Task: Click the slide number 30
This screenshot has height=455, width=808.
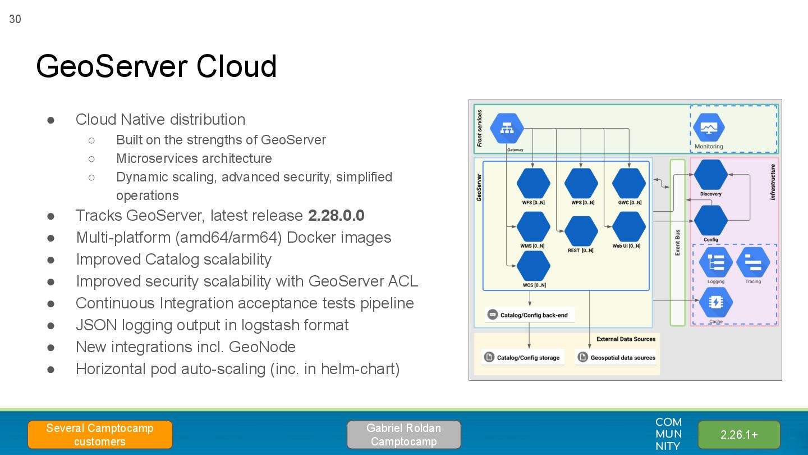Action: [15, 19]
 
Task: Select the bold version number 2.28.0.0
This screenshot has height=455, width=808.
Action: [336, 216]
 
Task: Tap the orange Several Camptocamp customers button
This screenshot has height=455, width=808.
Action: [100, 435]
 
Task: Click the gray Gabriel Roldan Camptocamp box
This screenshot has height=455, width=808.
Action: [403, 435]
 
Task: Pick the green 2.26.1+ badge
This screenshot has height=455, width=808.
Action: [739, 435]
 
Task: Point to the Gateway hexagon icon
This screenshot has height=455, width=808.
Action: [507, 129]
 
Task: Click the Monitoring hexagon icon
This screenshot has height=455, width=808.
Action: [709, 128]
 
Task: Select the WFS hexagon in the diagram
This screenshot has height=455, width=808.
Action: [533, 183]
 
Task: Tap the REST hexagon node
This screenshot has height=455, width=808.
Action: [581, 231]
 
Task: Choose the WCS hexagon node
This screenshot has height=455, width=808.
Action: [533, 266]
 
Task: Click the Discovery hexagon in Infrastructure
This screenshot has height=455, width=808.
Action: [711, 175]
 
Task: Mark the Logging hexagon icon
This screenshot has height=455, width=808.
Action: [716, 262]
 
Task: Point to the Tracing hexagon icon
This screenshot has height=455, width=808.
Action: [753, 262]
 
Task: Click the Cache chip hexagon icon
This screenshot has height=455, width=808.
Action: [716, 302]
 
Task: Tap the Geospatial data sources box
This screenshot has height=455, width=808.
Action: [616, 357]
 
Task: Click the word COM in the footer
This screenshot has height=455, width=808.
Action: [668, 422]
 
